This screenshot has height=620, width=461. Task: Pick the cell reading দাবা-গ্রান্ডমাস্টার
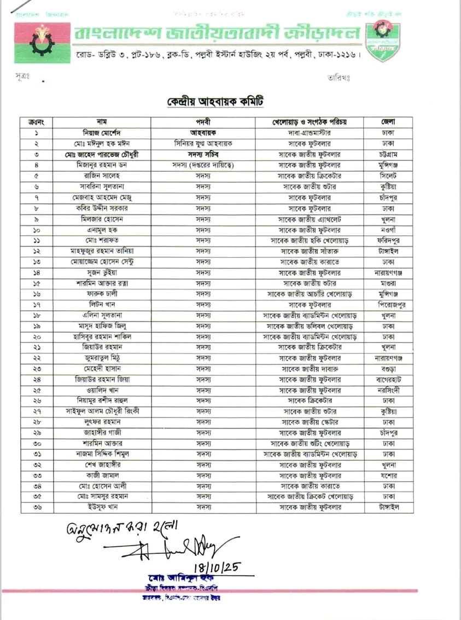[x=310, y=132]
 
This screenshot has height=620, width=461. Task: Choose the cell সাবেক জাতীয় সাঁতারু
[x=310, y=251]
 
